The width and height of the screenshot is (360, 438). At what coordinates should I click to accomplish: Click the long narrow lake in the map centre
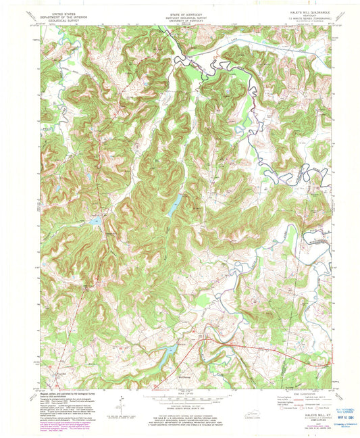coord(173,203)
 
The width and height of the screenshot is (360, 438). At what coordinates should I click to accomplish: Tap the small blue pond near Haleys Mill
coord(96,220)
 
